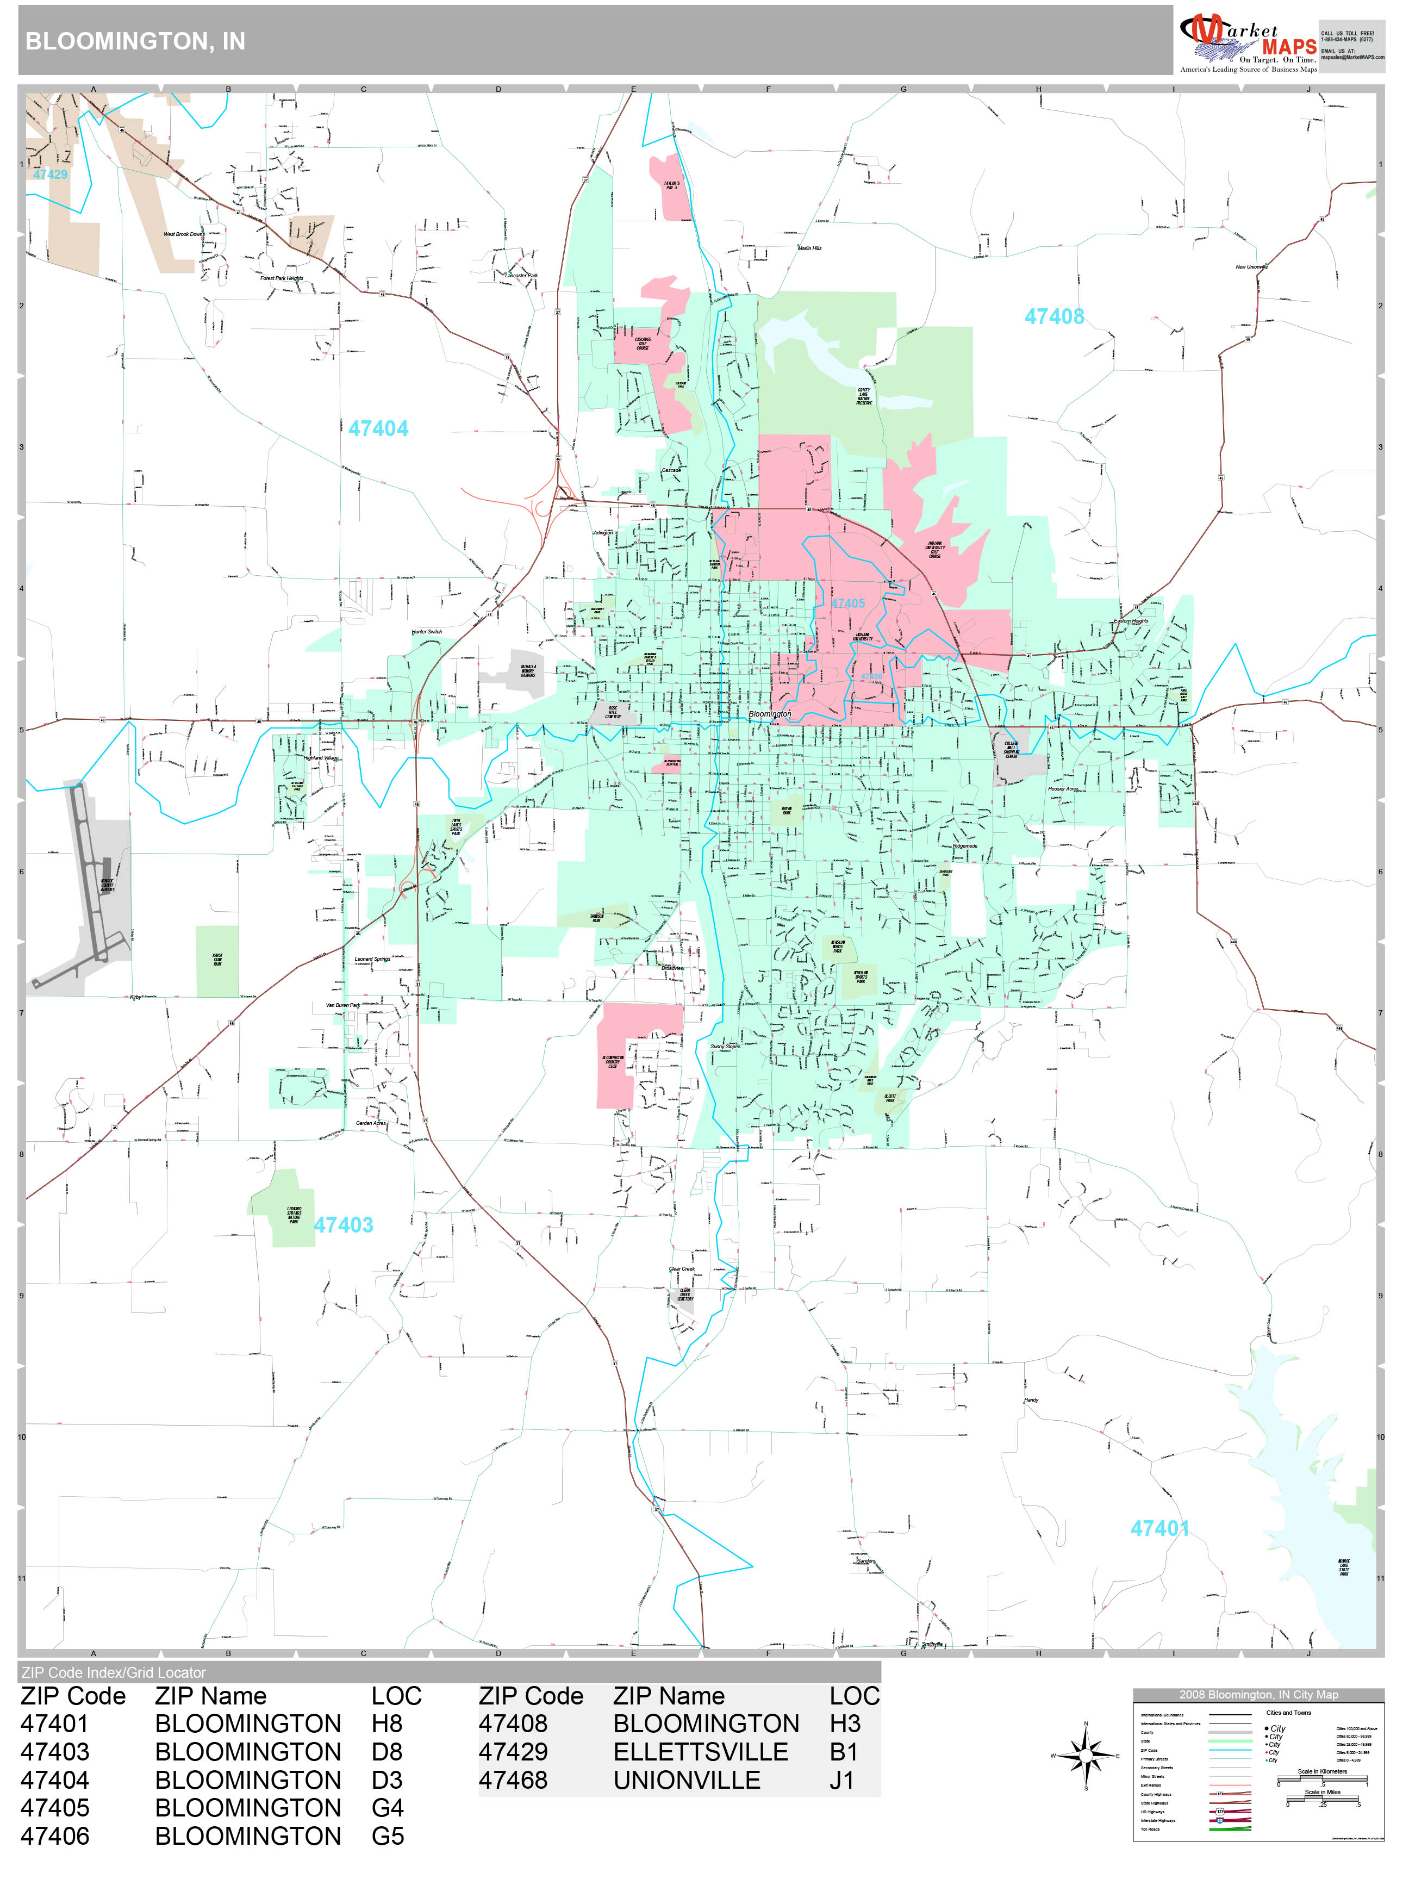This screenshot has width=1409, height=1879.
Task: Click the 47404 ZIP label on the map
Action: tap(378, 429)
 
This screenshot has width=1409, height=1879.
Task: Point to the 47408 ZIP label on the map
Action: tap(1054, 317)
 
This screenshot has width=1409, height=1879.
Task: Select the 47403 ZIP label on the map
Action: tap(343, 1225)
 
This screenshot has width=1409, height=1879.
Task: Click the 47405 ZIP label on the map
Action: tap(847, 604)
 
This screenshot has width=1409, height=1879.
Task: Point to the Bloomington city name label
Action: tap(770, 714)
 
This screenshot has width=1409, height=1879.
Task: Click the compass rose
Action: tap(1086, 1756)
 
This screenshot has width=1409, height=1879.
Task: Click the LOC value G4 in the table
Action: tap(387, 1808)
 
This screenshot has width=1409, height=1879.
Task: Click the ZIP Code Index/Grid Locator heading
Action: tap(114, 1672)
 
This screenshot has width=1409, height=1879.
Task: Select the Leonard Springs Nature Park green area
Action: tap(284, 1210)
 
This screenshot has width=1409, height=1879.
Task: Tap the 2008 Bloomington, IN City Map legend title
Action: tap(1258, 1695)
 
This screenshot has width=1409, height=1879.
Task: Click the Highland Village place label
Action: tap(321, 758)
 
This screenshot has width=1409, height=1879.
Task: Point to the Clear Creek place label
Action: tap(681, 1269)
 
